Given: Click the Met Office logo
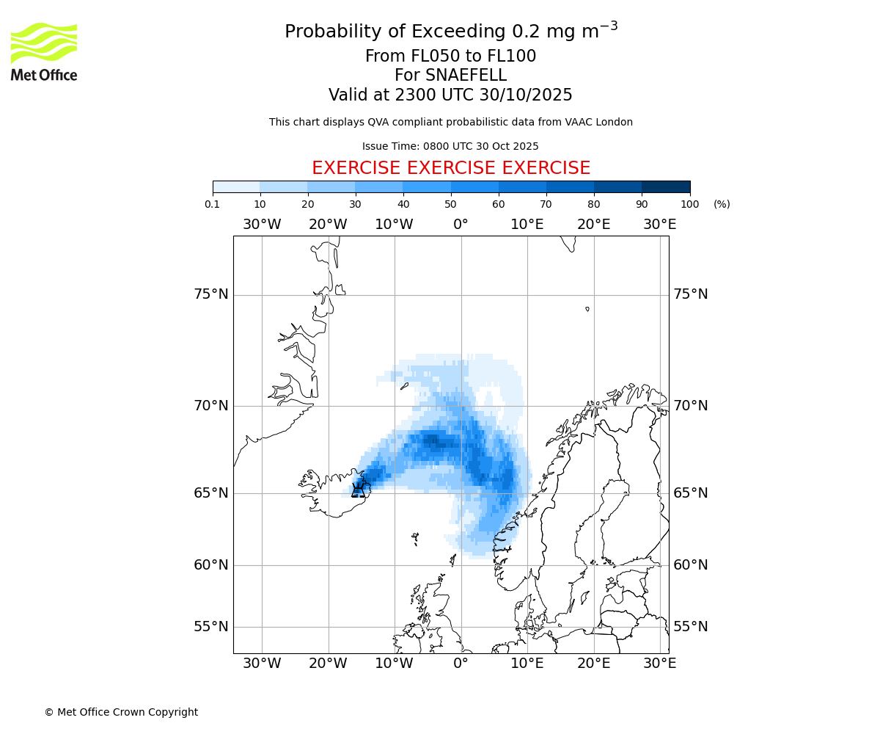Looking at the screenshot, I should pos(44,51).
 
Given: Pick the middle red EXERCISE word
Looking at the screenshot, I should pos(451,168).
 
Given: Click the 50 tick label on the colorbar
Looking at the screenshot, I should pos(451,204).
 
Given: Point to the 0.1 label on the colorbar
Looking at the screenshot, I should pos(213,204).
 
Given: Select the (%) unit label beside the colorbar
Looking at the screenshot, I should pos(722,204).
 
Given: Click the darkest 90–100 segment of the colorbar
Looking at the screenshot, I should pos(666,186).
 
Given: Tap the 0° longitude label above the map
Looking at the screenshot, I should pos(461,225).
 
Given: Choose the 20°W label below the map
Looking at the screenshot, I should pos(328,664).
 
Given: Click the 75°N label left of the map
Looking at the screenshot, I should pos(211,294).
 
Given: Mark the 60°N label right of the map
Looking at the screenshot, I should pos(691,565).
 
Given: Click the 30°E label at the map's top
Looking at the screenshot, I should pos(659,225).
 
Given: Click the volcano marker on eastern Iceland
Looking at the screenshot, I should pos(359,490).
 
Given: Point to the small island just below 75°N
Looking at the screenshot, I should pos(587,309).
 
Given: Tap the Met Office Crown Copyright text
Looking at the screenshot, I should pos(121,712).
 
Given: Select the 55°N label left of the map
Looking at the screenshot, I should pos(211,627).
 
